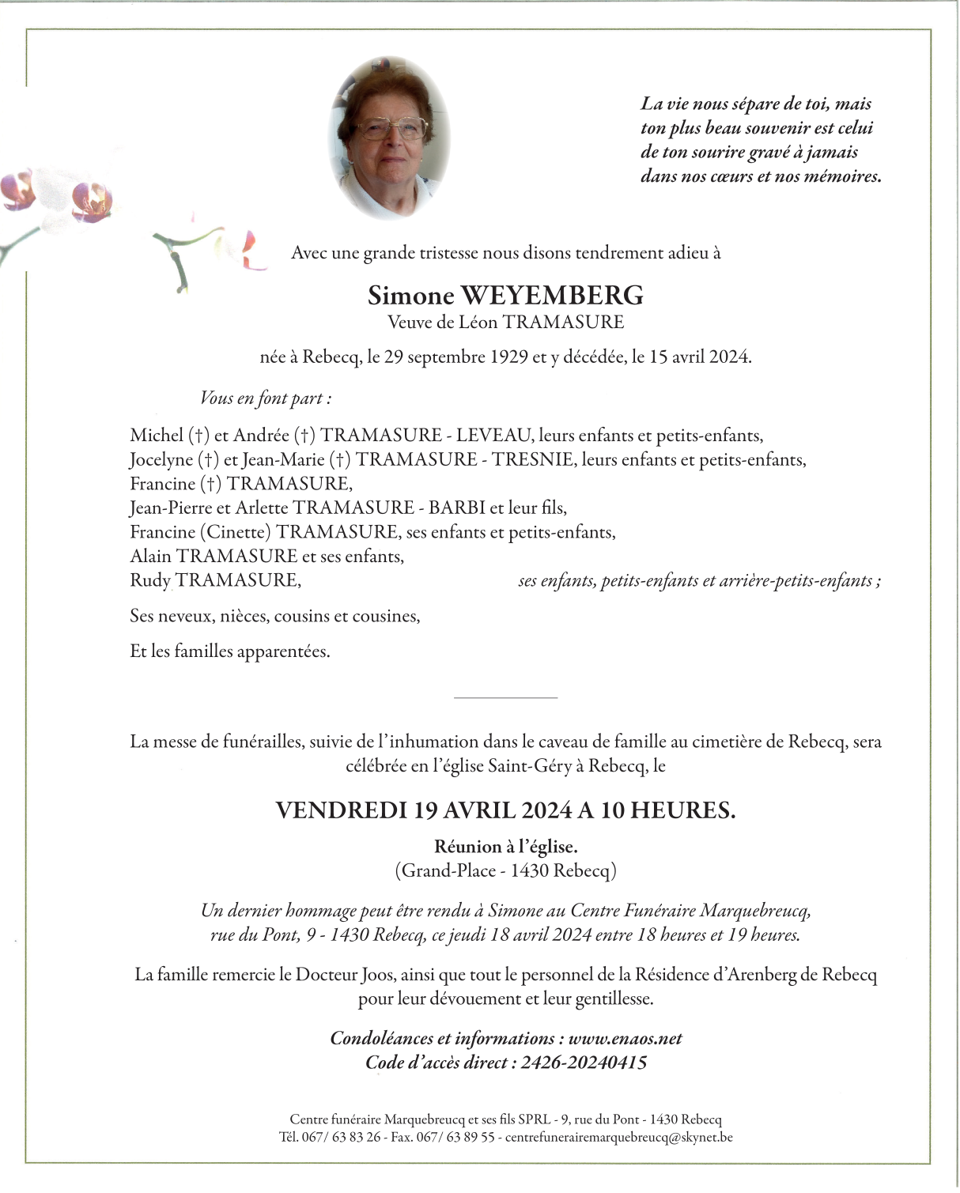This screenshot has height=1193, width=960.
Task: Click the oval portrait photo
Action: [x=389, y=138]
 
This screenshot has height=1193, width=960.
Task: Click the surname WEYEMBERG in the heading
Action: [x=551, y=296]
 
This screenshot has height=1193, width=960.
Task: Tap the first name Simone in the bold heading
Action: [x=410, y=296]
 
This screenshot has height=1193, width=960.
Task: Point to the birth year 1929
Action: [x=508, y=357]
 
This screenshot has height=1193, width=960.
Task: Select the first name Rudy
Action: [x=150, y=580]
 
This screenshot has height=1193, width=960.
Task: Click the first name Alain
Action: [x=150, y=557]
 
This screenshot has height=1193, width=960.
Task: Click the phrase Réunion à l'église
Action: [x=505, y=848]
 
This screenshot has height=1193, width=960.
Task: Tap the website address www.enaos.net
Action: [x=625, y=1039]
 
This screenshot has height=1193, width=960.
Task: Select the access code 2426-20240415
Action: [x=584, y=1063]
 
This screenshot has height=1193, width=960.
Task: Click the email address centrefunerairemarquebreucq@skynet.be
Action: [x=618, y=1138]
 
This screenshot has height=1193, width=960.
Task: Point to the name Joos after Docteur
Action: [x=375, y=975]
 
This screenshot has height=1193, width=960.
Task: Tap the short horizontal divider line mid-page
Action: [x=505, y=698]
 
